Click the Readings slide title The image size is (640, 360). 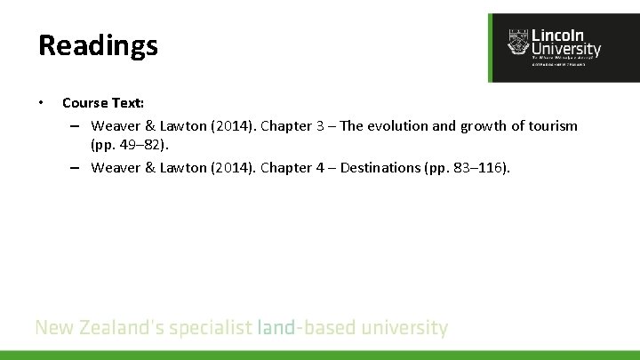click(98, 45)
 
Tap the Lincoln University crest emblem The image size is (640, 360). click(516, 42)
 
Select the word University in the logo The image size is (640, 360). click(565, 50)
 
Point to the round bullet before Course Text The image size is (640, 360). click(42, 103)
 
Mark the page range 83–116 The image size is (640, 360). click(475, 167)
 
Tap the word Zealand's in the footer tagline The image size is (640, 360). click(116, 328)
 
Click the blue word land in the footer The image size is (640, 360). click(276, 328)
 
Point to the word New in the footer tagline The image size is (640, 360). click(52, 328)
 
